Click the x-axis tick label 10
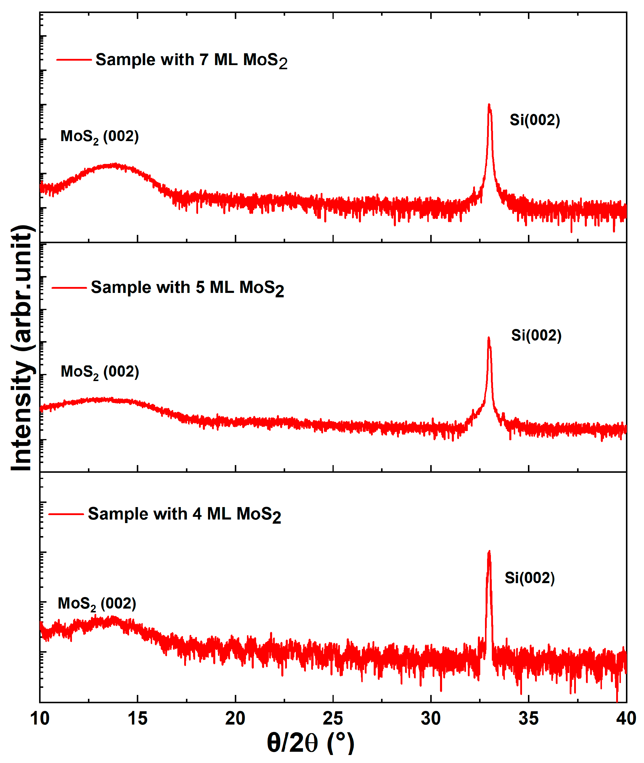pos(40,719)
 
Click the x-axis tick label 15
pos(138,719)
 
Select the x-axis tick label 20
pos(235,719)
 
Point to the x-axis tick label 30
pos(431,719)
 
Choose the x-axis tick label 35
pos(528,719)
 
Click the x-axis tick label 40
pos(626,719)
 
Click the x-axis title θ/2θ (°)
pos(311,743)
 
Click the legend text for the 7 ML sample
pos(191,60)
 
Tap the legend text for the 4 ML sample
pos(184,514)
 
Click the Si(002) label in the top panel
pos(535,120)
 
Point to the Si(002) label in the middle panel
pos(536,335)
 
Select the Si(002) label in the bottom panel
pos(530,578)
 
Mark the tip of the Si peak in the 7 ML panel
pos(489,105)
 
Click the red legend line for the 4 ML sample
pos(66,514)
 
